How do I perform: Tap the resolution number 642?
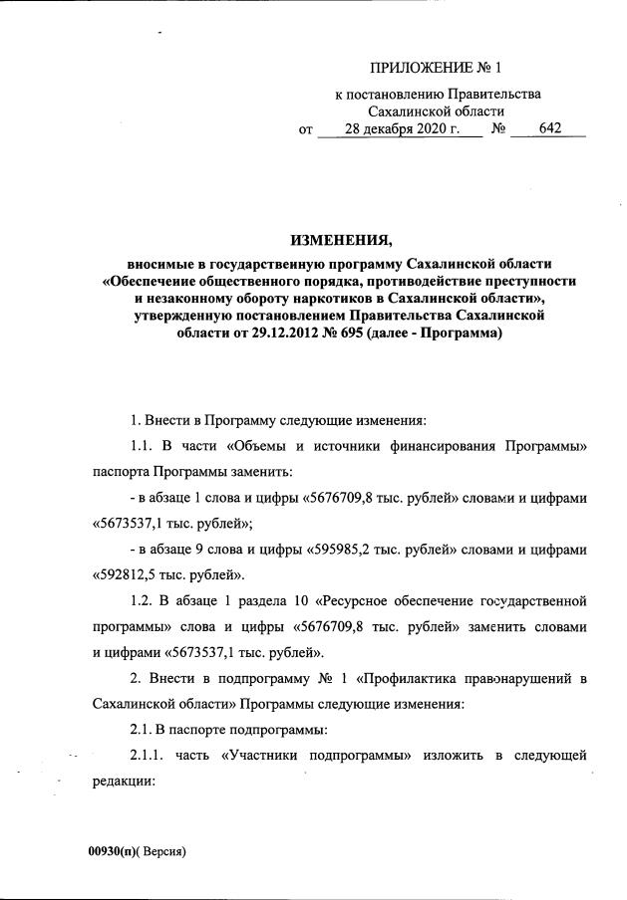[x=549, y=129]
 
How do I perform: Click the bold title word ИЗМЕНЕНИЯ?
[x=342, y=240]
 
